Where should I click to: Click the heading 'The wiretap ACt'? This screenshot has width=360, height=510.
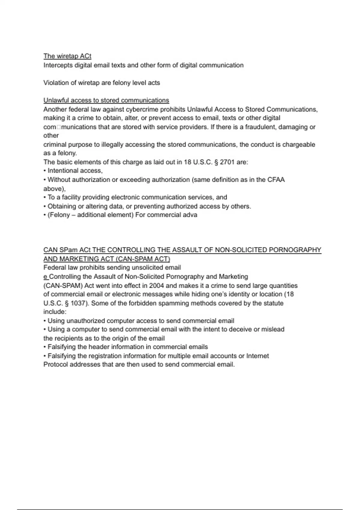67,56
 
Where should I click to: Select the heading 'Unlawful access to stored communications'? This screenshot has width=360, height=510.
106,100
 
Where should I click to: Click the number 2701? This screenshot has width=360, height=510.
227,162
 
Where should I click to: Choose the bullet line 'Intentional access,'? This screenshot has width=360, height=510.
75,171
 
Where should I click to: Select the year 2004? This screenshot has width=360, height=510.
156,285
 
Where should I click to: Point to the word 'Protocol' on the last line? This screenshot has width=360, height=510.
55,364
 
